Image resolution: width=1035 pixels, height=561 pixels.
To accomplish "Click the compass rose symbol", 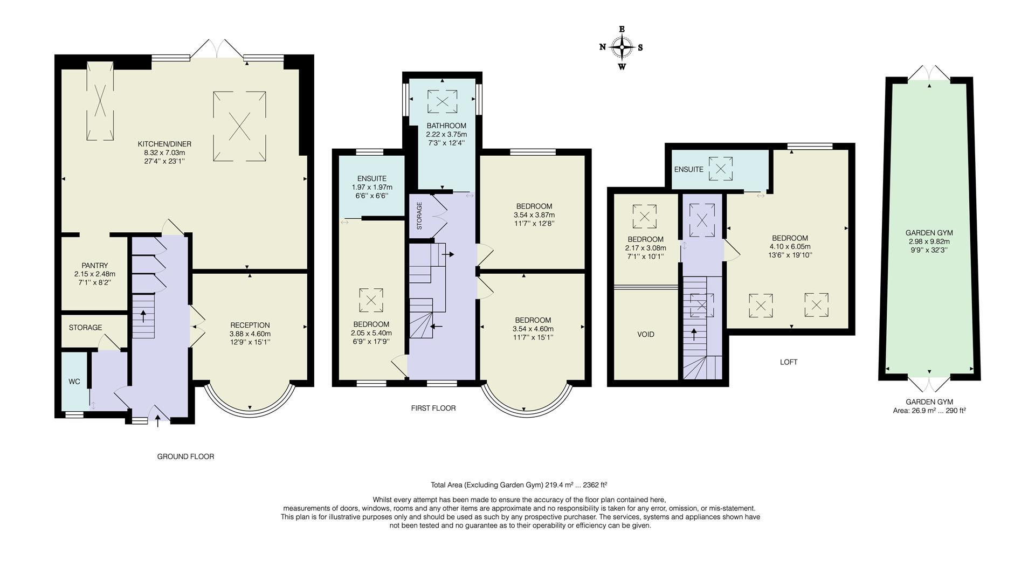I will pos(622,47).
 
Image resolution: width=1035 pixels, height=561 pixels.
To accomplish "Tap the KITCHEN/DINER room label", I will pos(164,144).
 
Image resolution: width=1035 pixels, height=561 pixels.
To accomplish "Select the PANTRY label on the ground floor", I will pos(95,266).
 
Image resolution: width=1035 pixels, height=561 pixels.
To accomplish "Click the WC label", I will pos(74,382).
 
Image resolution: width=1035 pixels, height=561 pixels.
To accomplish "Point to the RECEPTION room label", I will pos(250,325).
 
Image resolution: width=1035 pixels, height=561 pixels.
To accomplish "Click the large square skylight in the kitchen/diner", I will pos(239,127).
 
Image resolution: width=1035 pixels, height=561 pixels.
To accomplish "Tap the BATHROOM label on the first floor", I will pos(446,126).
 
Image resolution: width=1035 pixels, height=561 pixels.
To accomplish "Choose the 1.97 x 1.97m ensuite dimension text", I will pos(372,188).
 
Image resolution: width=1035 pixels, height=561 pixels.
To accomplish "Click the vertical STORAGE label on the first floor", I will pos(419,216).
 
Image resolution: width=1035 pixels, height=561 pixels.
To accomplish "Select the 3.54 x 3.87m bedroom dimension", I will pos(534,214).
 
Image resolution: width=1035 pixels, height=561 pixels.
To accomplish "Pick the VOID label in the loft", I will pos(646,334).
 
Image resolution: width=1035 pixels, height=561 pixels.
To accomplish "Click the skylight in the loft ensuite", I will pos(721,169).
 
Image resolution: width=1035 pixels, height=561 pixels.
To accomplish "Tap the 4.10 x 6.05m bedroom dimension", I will pos(790,247).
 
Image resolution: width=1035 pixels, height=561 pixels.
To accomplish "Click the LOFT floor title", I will pos(789,362).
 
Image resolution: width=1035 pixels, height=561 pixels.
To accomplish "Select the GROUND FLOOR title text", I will pos(185,456).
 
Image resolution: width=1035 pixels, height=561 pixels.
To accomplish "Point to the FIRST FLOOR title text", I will pos(433,408).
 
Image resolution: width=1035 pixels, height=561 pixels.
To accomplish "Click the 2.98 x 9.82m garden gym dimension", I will pos(929,241).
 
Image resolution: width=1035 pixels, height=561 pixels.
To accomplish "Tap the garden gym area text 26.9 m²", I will pos(929,411).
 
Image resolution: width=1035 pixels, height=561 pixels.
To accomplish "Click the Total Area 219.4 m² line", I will pos(519,484).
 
